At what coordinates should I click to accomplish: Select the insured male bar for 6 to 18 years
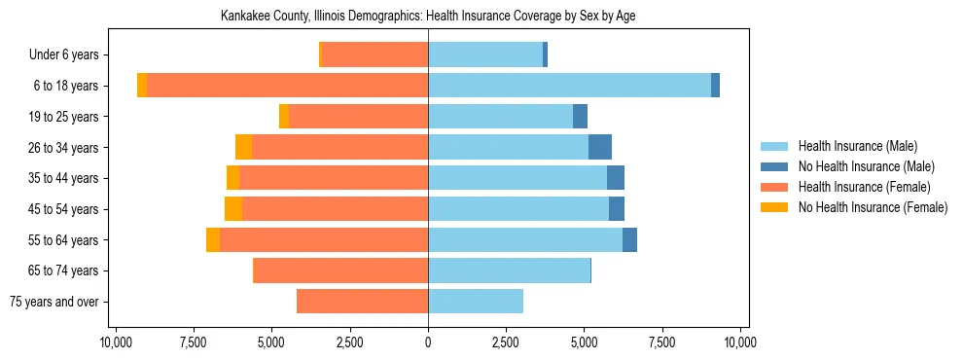coord(569,86)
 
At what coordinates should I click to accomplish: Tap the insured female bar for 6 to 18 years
coord(288,86)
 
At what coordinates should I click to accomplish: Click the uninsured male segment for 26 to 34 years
coord(600,147)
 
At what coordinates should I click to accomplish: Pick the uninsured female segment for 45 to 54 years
coord(233,209)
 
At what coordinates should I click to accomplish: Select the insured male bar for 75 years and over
coord(476,302)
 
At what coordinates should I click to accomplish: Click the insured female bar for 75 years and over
coord(362,302)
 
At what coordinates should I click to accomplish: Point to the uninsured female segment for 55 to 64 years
coord(213,240)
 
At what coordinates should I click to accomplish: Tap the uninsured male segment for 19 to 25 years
coord(580,117)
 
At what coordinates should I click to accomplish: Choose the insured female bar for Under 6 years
coord(374,54)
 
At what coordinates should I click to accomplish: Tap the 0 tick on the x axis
coord(428,342)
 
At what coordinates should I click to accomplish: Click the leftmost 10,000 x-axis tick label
coord(116,342)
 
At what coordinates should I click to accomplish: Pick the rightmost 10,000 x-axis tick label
coord(740,342)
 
